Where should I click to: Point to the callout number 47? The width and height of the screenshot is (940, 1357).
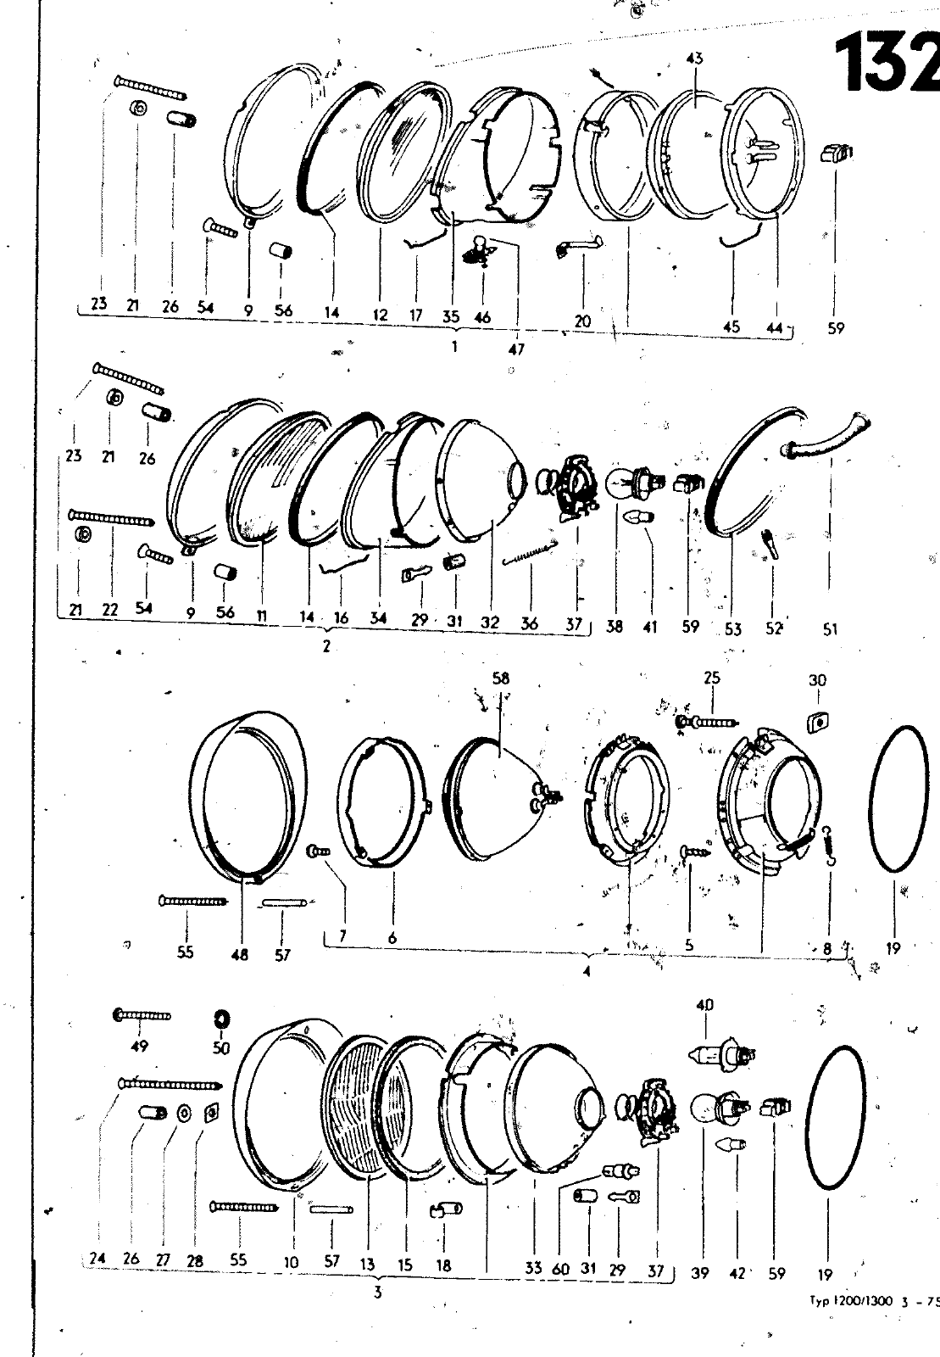click(x=516, y=349)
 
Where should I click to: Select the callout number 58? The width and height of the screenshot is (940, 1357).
click(x=501, y=678)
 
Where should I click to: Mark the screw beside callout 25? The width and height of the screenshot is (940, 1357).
click(x=707, y=722)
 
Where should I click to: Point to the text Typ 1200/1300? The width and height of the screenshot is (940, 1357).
click(x=851, y=1299)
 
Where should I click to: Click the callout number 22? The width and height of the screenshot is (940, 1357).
click(x=109, y=610)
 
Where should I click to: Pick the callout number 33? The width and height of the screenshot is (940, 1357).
click(x=533, y=1268)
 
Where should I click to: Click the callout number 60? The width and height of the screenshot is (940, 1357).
click(x=561, y=1269)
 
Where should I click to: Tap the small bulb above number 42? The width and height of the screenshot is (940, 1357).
click(x=731, y=1144)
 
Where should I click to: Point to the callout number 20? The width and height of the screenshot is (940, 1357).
click(x=582, y=321)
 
